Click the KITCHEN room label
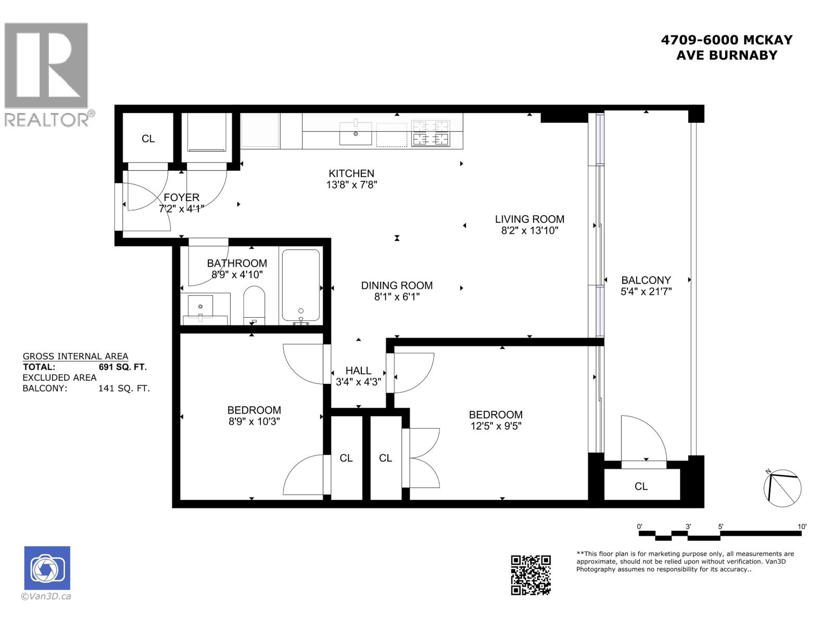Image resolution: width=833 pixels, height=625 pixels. [351, 173]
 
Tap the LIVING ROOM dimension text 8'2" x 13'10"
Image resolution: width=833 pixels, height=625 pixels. [529, 231]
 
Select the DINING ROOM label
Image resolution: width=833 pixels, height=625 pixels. [397, 285]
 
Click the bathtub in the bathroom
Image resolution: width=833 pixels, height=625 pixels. [301, 285]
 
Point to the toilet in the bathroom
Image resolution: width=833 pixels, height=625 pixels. [254, 305]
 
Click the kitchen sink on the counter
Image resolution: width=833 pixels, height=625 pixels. [356, 134]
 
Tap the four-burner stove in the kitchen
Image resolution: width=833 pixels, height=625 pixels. [430, 133]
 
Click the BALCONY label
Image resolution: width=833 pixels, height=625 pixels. [646, 280]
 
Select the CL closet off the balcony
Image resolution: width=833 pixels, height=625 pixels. [641, 486]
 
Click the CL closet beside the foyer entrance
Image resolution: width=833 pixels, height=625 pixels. [148, 139]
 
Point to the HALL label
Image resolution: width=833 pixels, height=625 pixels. [358, 370]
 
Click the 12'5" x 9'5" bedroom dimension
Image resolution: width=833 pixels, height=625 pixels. [496, 426]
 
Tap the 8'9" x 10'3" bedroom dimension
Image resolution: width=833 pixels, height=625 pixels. [254, 421]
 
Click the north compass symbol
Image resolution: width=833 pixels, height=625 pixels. [782, 487]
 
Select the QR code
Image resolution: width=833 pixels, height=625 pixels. [531, 574]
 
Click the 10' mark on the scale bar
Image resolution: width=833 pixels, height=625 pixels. [802, 527]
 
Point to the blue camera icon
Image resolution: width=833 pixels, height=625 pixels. [47, 568]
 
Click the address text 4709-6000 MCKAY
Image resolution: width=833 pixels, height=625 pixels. [726, 40]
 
